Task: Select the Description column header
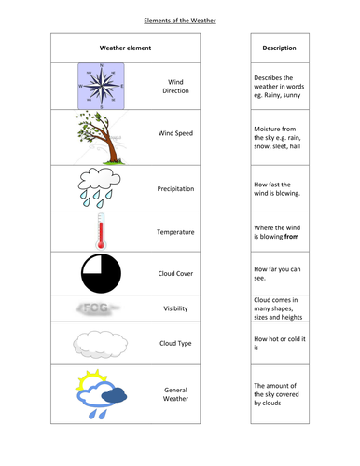[x=279, y=48]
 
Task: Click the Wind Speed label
[x=175, y=133]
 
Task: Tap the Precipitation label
[x=175, y=188]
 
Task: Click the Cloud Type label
[x=175, y=343]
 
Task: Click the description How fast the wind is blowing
[x=278, y=187]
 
